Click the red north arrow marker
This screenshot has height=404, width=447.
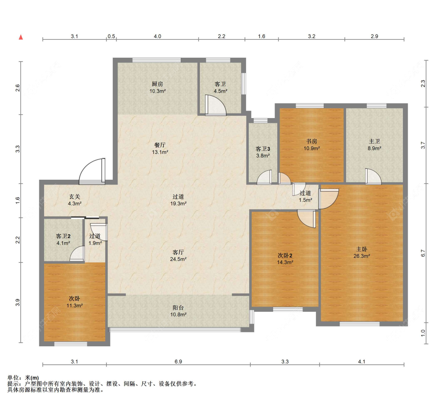[21, 37]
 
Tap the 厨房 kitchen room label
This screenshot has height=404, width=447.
[157, 84]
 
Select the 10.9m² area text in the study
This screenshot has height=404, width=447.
[312, 148]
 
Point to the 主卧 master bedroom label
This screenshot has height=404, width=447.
[362, 249]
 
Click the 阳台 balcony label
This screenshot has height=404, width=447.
[178, 307]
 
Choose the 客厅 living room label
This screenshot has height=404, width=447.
[178, 252]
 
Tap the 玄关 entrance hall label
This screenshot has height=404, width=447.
[75, 196]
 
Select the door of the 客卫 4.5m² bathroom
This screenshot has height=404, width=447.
[215, 105]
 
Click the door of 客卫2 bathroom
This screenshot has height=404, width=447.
[77, 254]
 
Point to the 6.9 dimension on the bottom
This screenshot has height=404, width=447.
[178, 361]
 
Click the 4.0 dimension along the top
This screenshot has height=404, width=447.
[157, 36]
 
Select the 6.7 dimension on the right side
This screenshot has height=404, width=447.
[423, 253]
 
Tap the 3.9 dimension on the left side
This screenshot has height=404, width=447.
[17, 303]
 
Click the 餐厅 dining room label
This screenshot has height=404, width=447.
[160, 145]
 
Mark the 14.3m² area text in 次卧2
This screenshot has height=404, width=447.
[285, 262]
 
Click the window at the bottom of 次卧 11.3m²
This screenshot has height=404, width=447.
[71, 344]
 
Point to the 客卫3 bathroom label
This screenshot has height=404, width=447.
[263, 149]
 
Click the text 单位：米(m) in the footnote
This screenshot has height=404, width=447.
[23, 377]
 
